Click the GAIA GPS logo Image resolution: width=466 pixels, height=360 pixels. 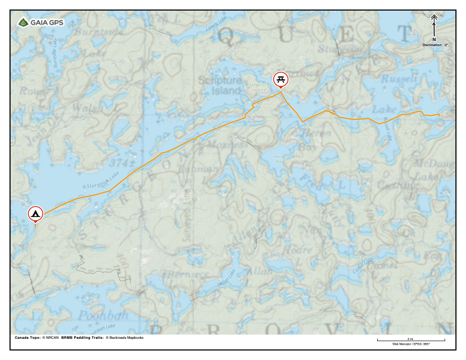tap(40, 22)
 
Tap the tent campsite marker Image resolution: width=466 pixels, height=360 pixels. tap(36, 213)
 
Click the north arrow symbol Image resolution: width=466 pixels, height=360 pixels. tap(434, 26)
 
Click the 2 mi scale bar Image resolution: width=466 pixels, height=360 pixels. tap(411, 340)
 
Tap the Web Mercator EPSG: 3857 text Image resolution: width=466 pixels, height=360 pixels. tap(411, 344)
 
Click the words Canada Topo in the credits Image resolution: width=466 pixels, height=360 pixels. tap(26, 338)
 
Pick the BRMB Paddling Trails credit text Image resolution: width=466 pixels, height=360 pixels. tap(82, 338)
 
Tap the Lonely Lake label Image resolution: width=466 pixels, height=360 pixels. tap(215, 24)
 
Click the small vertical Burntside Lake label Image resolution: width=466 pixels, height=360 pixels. tap(56, 54)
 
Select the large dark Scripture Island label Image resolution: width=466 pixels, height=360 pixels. tap(219, 86)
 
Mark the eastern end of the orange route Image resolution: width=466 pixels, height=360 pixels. tap(440, 114)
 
